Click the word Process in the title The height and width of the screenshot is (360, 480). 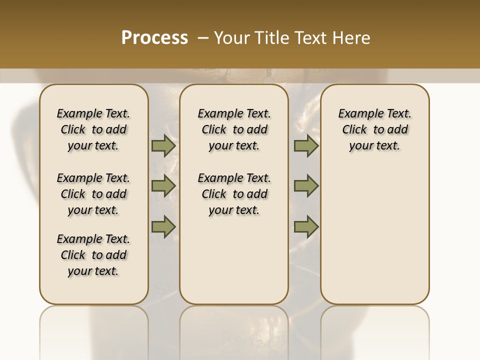(x=154, y=37)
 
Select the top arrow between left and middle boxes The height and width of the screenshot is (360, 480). (x=163, y=146)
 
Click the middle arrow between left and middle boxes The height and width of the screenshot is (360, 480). (x=163, y=186)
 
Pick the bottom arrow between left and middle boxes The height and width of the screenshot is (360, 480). (x=163, y=226)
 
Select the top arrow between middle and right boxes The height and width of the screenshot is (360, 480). (x=306, y=146)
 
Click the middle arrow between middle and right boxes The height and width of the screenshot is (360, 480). (x=306, y=186)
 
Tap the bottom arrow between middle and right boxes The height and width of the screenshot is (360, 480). (x=306, y=226)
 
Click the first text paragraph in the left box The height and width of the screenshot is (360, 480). (x=93, y=129)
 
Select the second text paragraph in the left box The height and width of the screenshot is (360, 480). (x=93, y=194)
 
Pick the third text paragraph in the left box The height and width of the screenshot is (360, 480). (x=93, y=255)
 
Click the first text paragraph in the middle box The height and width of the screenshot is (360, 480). (x=234, y=129)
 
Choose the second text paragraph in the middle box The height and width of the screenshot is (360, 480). (x=234, y=194)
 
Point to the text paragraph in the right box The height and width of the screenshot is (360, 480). (x=374, y=129)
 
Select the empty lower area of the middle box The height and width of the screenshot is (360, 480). (x=234, y=260)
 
